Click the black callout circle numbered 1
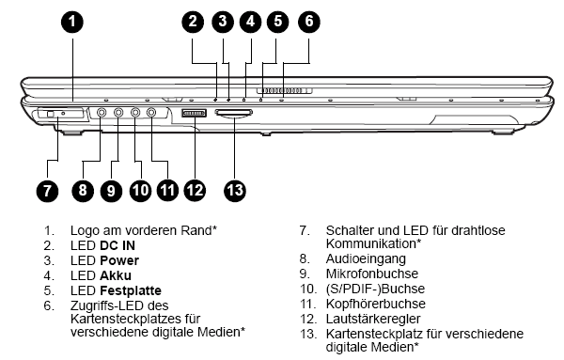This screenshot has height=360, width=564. click(x=72, y=22)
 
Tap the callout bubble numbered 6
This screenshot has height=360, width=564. click(x=309, y=22)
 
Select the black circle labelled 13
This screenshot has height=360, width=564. click(x=235, y=190)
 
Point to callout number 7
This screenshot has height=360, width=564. click(x=48, y=190)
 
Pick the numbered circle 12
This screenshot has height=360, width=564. click(x=195, y=190)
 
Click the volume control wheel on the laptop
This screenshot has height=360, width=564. click(x=194, y=114)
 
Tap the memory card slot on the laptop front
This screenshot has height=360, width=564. click(x=233, y=114)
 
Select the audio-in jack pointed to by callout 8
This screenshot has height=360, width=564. click(x=102, y=113)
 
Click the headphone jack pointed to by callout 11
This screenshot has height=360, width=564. click(x=151, y=113)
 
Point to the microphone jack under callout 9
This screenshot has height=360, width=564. click(x=118, y=113)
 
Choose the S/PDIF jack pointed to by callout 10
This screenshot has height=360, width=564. click(x=134, y=113)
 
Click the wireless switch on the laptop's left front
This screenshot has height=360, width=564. click(x=51, y=115)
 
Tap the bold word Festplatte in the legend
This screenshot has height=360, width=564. click(x=131, y=290)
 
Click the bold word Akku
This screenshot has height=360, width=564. click(x=116, y=275)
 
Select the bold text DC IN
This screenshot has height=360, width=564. click(x=117, y=245)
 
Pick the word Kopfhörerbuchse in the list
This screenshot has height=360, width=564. click(x=375, y=304)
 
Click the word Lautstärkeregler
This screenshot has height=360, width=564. click(x=373, y=319)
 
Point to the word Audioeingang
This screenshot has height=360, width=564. click(x=366, y=258)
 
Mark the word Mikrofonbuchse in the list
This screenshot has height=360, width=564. click(x=372, y=274)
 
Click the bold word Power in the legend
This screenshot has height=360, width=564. click(x=119, y=260)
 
